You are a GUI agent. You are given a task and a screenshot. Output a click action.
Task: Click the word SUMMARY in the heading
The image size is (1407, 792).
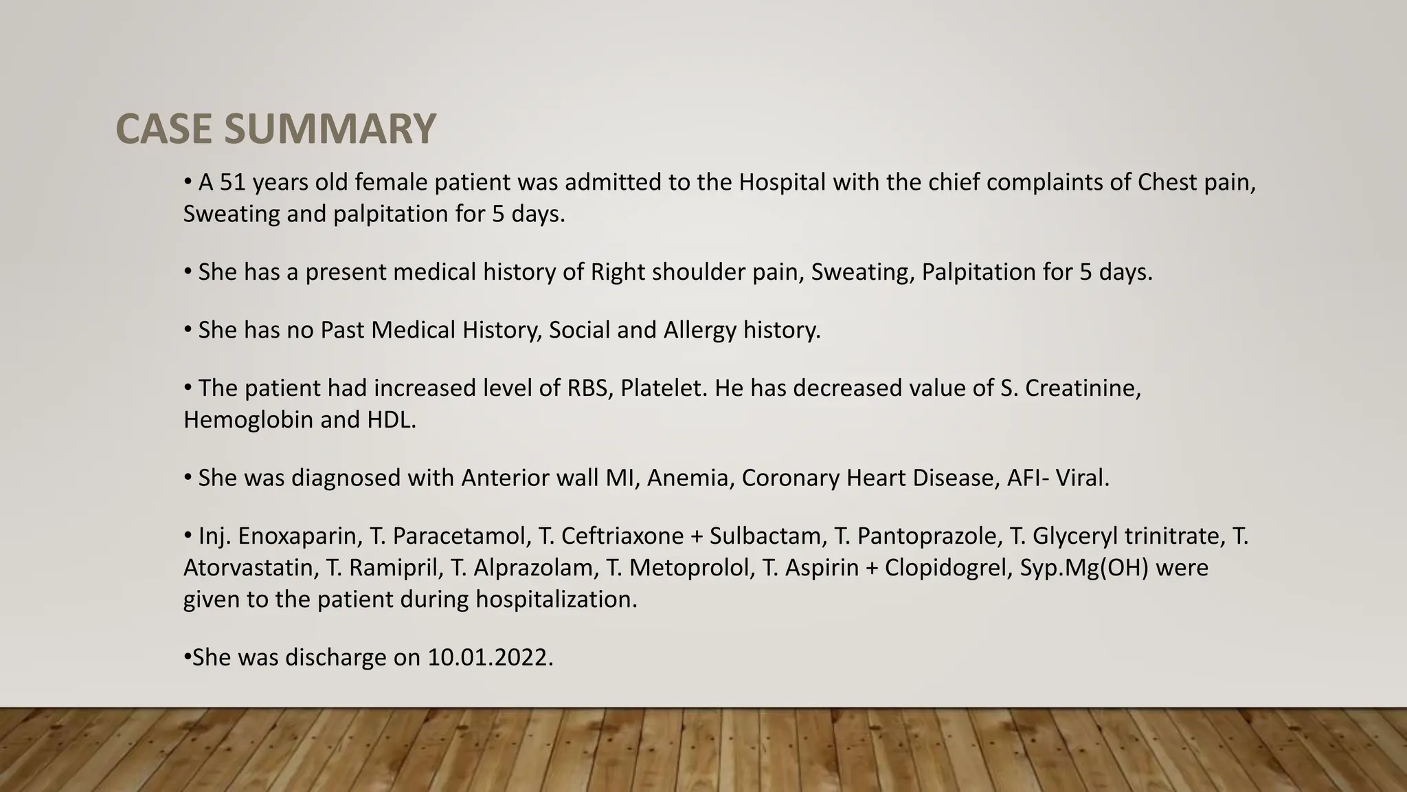(x=330, y=129)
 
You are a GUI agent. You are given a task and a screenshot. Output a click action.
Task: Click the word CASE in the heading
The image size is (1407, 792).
(x=165, y=129)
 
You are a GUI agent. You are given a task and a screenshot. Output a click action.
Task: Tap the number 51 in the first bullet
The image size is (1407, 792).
(x=232, y=183)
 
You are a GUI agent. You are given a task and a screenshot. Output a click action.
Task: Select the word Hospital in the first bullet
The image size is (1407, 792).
(x=782, y=183)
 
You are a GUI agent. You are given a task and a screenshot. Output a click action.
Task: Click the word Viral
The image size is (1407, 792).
(x=1085, y=478)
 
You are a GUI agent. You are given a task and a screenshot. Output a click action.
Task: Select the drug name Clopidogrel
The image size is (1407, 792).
(x=945, y=568)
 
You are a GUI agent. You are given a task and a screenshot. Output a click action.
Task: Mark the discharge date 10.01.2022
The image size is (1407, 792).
(x=490, y=658)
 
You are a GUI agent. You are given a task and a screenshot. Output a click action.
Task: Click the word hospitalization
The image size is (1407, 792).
(x=556, y=599)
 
